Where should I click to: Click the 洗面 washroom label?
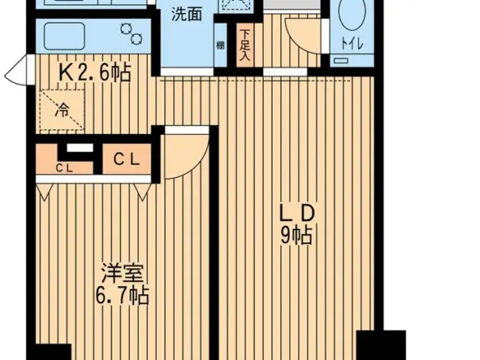tap(187, 15)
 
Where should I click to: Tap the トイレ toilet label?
tap(352, 44)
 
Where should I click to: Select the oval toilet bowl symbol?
tap(352, 14)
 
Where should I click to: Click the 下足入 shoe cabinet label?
tap(245, 44)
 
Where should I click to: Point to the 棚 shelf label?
tap(220, 45)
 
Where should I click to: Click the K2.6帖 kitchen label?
tap(95, 72)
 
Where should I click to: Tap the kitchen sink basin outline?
tap(64, 36)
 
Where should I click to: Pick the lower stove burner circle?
tap(136, 39)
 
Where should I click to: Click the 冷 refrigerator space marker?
tap(62, 109)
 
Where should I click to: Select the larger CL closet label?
tap(127, 159)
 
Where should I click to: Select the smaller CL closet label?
tap(64, 168)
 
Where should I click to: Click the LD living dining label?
tap(298, 214)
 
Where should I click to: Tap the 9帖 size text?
tap(297, 235)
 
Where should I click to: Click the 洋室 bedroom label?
tap(122, 273)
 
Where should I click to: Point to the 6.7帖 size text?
tap(122, 295)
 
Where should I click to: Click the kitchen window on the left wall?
tap(18, 71)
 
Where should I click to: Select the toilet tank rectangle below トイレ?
tap(341, 61)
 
